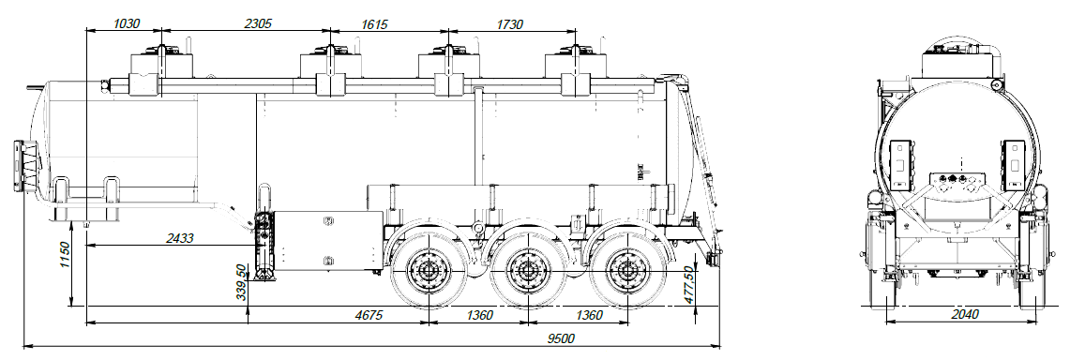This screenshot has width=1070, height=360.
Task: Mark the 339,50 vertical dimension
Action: coord(242,283)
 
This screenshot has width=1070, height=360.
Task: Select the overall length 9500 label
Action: coord(560,338)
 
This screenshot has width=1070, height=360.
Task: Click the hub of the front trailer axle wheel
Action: coord(429,273)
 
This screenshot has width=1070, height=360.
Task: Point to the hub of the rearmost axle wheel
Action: coord(625,273)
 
